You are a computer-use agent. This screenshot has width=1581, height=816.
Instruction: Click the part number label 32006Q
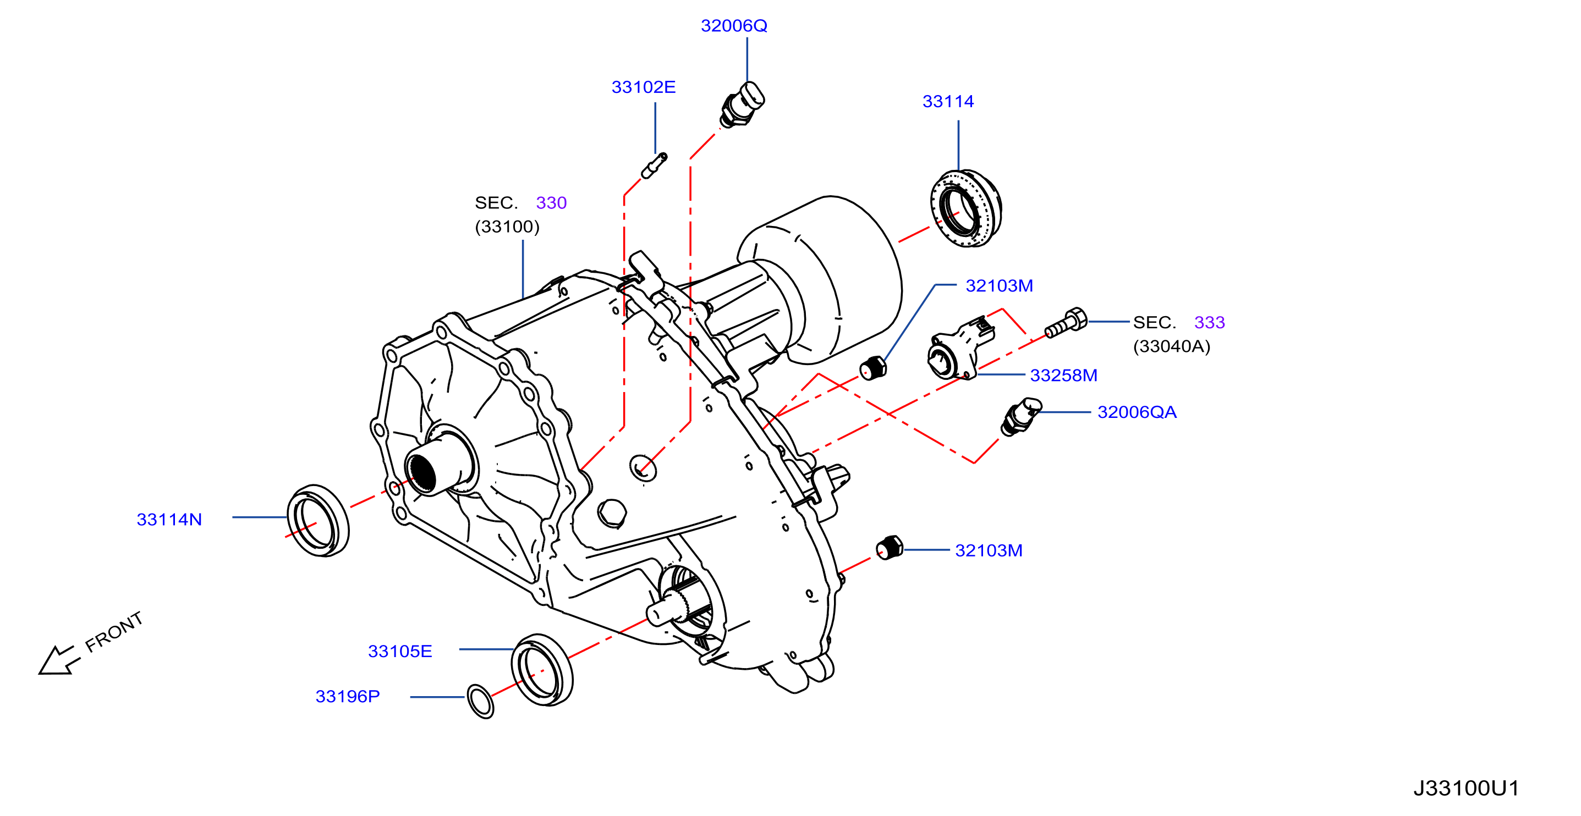coord(733,26)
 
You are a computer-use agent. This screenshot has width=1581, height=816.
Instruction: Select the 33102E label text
coord(643,87)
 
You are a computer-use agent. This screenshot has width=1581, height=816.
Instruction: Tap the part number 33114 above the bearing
coord(948,101)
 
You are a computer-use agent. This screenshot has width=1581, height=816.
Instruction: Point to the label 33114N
coord(169,520)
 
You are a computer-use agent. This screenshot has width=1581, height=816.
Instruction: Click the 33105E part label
coord(399,651)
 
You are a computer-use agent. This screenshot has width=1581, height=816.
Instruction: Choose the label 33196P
coord(347,696)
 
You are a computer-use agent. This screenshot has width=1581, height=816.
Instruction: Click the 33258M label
coord(1063,376)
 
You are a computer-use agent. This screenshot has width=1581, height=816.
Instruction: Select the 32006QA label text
coord(1137,412)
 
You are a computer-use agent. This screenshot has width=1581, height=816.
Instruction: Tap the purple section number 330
coord(551,203)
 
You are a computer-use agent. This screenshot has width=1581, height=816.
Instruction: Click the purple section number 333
coord(1209,323)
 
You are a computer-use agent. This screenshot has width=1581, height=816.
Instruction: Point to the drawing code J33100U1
coord(1465,789)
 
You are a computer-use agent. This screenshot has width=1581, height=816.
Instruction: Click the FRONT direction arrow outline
coord(59,661)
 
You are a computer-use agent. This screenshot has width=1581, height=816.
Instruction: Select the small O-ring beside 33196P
coord(480,701)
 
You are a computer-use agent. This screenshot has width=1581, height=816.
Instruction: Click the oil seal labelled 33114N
coord(318,521)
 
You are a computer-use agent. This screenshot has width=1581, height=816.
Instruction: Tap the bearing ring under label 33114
coord(965,208)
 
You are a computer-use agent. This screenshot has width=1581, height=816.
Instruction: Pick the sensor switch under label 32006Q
coord(742,106)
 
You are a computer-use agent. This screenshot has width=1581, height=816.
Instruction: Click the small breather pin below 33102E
coord(654,166)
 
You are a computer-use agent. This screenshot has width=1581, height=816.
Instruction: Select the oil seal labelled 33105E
coord(542,670)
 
